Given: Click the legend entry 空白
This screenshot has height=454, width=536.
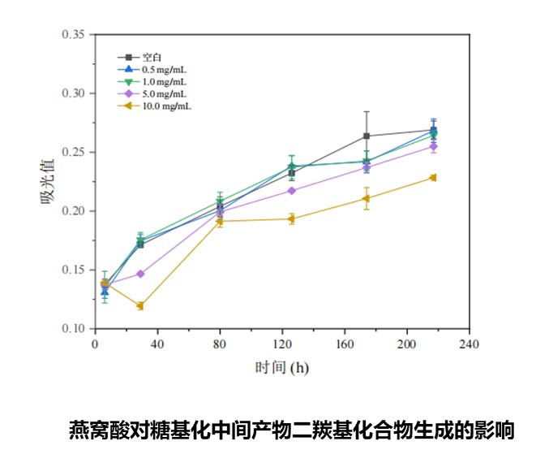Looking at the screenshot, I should [x=152, y=57].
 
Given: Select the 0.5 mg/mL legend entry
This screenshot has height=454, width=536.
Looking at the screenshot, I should [x=163, y=70].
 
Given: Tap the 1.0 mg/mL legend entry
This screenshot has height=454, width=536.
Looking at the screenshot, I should [x=163, y=81].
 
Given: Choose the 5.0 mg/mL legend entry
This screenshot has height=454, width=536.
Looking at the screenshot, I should [x=163, y=93].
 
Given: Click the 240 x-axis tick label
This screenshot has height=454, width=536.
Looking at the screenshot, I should [x=469, y=343].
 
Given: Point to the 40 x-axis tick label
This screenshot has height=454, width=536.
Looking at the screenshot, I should [x=157, y=343].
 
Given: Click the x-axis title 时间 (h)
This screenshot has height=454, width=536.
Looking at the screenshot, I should [x=281, y=367].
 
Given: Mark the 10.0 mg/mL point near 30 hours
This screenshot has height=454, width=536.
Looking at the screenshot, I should [x=140, y=306].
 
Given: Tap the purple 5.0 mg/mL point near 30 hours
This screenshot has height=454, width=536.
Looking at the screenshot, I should [x=140, y=274].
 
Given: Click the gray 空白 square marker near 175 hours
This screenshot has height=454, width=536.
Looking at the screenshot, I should [x=367, y=136].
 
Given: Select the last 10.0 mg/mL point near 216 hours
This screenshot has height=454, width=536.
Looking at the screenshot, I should [x=433, y=178].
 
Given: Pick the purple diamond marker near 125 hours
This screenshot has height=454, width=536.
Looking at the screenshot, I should [x=292, y=191].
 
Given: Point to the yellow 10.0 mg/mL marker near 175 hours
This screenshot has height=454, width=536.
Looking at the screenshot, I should [x=367, y=198].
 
